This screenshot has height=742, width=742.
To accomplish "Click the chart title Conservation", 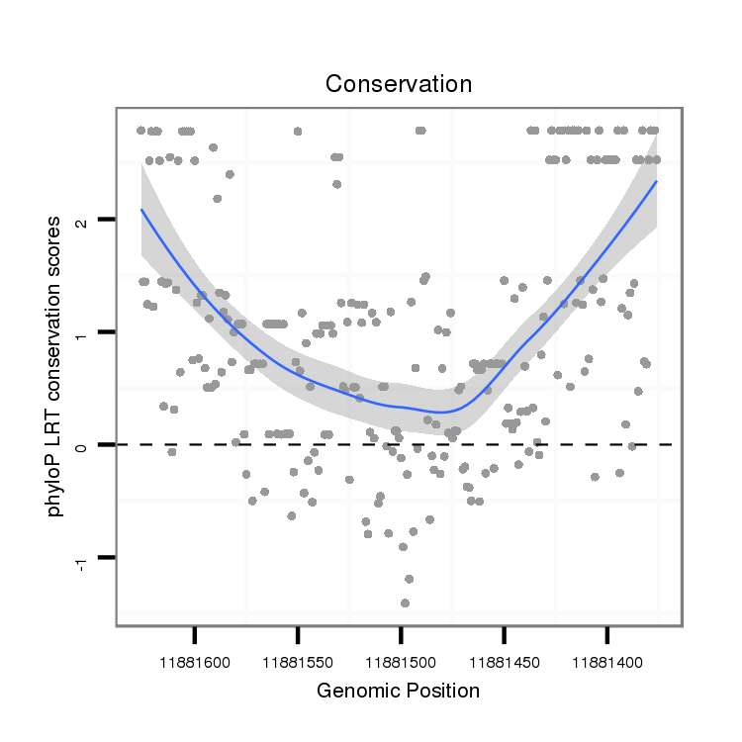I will click(399, 84).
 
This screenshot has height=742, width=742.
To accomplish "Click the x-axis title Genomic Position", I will click(398, 691).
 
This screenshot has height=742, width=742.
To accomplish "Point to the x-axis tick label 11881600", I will click(194, 656).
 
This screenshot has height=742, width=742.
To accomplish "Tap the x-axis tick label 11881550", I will click(297, 656).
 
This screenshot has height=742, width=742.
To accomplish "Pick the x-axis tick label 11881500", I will click(400, 656).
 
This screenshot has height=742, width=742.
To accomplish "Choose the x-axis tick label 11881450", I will click(504, 656).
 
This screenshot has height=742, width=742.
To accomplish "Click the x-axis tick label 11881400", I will click(606, 656).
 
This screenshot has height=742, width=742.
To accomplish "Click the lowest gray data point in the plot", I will click(405, 603).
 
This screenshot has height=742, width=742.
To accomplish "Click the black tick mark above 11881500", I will click(401, 633).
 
